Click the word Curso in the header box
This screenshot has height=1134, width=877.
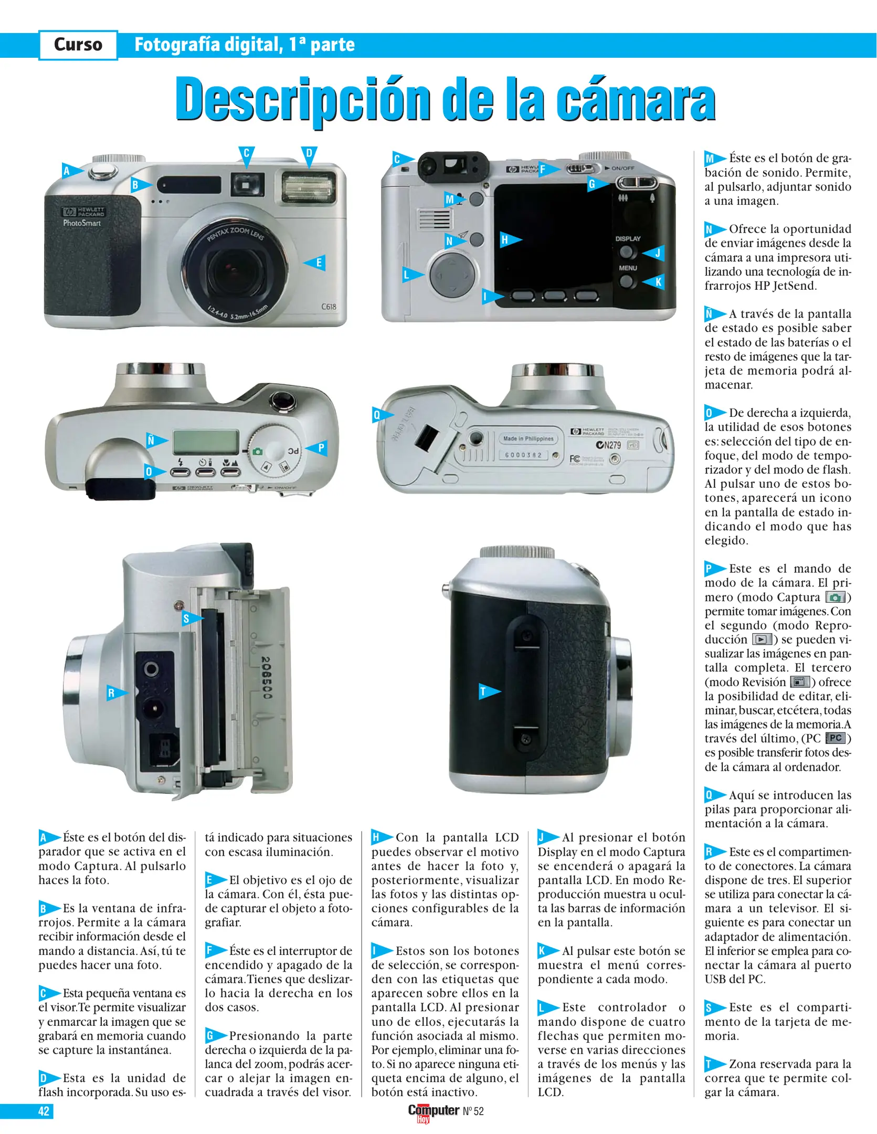point(78,45)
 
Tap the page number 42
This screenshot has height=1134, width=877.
point(44,1111)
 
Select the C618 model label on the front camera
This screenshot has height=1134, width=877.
point(329,307)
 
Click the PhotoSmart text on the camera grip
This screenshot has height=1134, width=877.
point(82,223)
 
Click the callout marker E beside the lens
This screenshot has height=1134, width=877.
point(315,262)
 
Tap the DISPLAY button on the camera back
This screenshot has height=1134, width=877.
point(626,252)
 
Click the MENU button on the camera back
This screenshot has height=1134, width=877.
point(626,281)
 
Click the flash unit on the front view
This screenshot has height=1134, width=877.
point(309,188)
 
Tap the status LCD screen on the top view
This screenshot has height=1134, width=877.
point(206,442)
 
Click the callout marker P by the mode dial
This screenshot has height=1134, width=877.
point(316,448)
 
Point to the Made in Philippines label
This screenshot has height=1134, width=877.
point(528,438)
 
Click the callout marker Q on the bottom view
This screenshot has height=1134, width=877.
point(382,415)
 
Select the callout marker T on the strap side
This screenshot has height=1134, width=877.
point(489,691)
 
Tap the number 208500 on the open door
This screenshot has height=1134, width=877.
point(266,677)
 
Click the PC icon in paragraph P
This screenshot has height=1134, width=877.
point(836,738)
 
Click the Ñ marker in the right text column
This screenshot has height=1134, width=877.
point(715,314)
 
